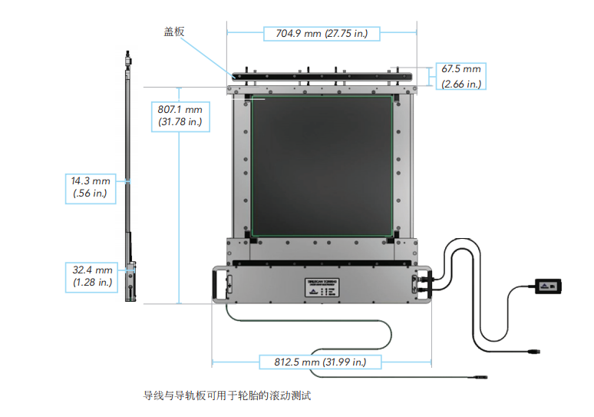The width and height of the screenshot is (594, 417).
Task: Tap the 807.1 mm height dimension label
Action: pos(180,109)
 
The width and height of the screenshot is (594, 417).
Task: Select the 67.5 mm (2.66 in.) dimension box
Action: pos(460,76)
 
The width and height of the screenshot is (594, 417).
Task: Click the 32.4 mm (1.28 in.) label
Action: pos(92,276)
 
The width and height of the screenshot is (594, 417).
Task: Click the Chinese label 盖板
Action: pos(174,31)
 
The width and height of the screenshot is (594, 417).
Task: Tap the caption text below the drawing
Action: pos(227,396)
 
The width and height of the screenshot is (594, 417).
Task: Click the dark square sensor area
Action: pos(322,165)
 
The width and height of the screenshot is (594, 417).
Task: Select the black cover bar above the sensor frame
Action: pos(323,76)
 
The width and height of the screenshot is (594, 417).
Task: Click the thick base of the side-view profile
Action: pos(131,280)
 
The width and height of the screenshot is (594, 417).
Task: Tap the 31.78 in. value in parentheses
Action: pos(180,121)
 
